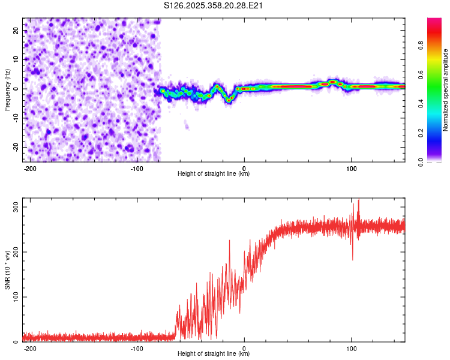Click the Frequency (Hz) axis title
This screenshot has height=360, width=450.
7,90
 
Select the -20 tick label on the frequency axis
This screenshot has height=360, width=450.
16,148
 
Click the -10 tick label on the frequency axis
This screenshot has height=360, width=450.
16,118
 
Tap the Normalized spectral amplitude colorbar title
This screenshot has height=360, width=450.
446,90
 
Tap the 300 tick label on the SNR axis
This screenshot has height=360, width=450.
15,207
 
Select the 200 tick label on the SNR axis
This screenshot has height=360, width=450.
15,252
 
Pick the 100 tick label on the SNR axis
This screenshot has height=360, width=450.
15,297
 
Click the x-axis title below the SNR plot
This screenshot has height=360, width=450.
214,354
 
